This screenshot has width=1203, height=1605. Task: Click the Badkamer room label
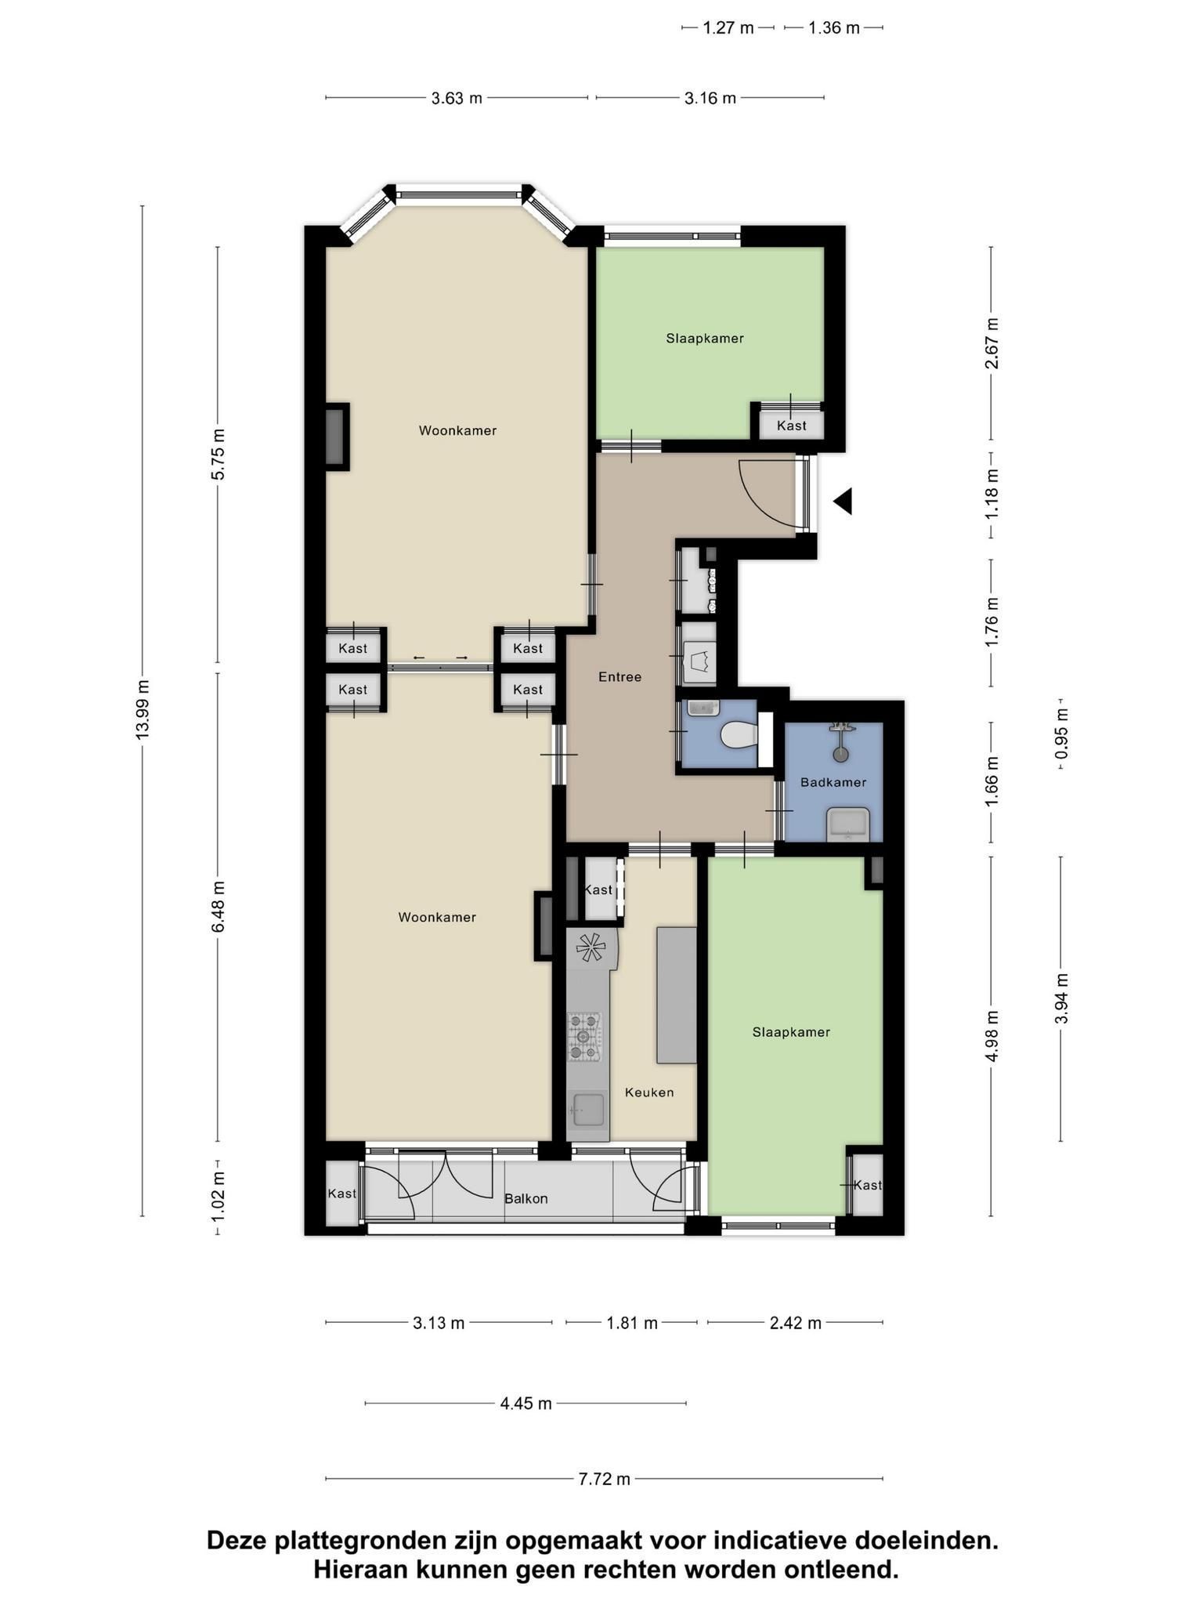click(x=833, y=782)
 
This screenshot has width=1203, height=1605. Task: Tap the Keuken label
click(x=649, y=1092)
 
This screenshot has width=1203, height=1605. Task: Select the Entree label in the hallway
click(x=620, y=677)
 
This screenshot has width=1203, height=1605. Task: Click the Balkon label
click(x=526, y=1199)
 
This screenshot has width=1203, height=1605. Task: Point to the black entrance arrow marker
click(x=844, y=501)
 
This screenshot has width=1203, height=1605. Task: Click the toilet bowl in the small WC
click(x=739, y=735)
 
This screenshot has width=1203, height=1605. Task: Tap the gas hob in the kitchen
click(x=584, y=1037)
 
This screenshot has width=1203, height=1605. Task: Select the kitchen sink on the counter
click(x=587, y=1109)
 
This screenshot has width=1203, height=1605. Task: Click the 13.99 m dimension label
click(x=143, y=709)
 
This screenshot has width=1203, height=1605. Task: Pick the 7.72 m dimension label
click(x=605, y=1479)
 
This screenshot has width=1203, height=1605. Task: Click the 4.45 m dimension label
click(x=526, y=1403)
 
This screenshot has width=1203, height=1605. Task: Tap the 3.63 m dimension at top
click(x=457, y=98)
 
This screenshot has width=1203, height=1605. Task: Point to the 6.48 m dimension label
click(x=218, y=907)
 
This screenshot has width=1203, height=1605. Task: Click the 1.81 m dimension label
click(x=632, y=1324)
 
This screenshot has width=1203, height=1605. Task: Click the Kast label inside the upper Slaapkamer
click(x=792, y=426)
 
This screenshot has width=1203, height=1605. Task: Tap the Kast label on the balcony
click(x=342, y=1194)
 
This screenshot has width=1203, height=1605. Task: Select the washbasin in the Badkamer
click(x=848, y=824)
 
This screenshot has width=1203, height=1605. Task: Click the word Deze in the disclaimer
click(x=234, y=1541)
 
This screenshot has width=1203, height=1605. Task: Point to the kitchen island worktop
click(x=676, y=995)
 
